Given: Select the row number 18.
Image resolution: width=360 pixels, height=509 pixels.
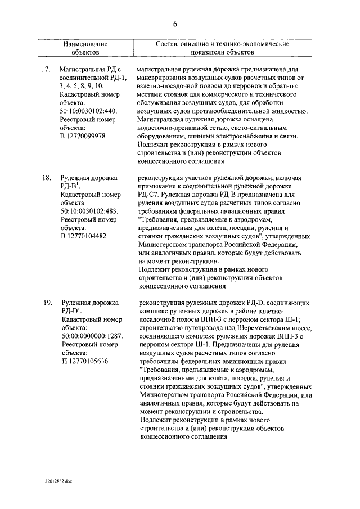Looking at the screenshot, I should tap(47, 178).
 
